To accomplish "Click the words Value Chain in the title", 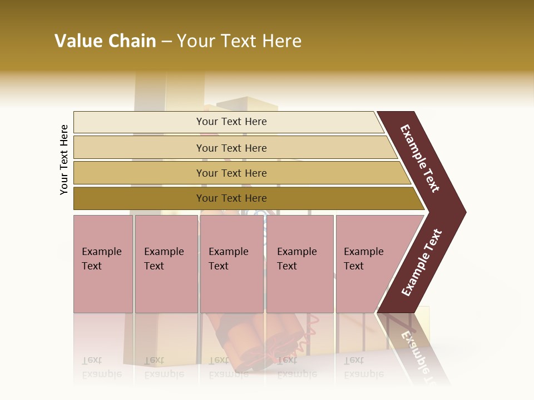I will [x=105, y=41].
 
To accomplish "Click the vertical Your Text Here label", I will [x=64, y=159].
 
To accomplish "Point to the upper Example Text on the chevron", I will [x=420, y=158].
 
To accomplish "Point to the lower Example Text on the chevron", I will [x=421, y=262].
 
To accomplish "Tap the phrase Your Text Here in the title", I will [x=239, y=41].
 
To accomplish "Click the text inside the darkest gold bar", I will [x=231, y=198].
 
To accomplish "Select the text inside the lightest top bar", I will [x=231, y=122].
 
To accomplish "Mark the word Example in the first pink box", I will [x=101, y=252].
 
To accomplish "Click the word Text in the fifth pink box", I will [x=353, y=266].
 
